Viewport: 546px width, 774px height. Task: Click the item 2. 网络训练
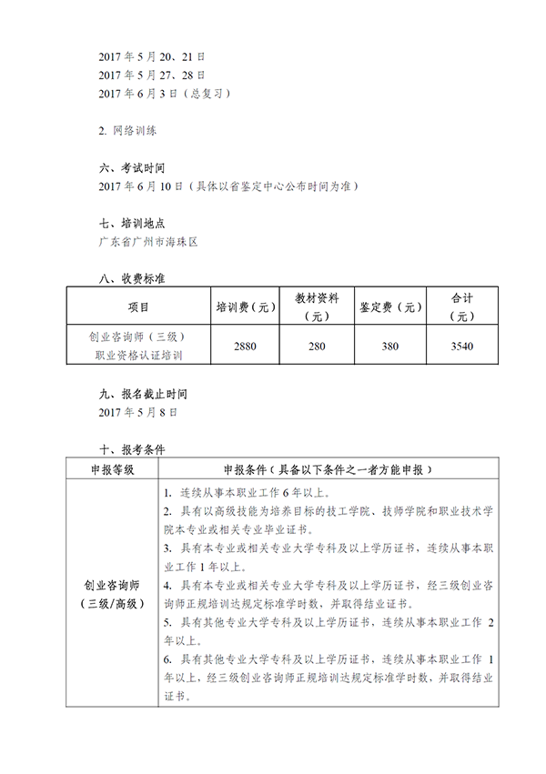pyautogui.click(x=127, y=131)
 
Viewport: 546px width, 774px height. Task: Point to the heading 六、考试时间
pyautogui.click(x=131, y=168)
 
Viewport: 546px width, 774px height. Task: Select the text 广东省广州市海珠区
pyautogui.click(x=147, y=243)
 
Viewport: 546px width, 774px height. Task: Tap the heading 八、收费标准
pyautogui.click(x=131, y=279)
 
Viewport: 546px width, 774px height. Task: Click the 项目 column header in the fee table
pyautogui.click(x=137, y=307)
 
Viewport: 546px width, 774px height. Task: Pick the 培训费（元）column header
pyautogui.click(x=245, y=307)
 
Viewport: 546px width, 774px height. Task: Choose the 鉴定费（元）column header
pyautogui.click(x=390, y=307)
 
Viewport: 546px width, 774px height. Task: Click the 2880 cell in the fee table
pyautogui.click(x=245, y=347)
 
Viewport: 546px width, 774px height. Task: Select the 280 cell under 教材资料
pyautogui.click(x=317, y=347)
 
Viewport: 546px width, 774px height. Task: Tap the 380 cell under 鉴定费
pyautogui.click(x=390, y=347)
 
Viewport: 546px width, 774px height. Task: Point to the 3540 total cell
pyautogui.click(x=462, y=347)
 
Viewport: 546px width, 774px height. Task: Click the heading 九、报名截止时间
pyautogui.click(x=143, y=394)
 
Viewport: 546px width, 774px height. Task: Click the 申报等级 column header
pyautogui.click(x=112, y=469)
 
